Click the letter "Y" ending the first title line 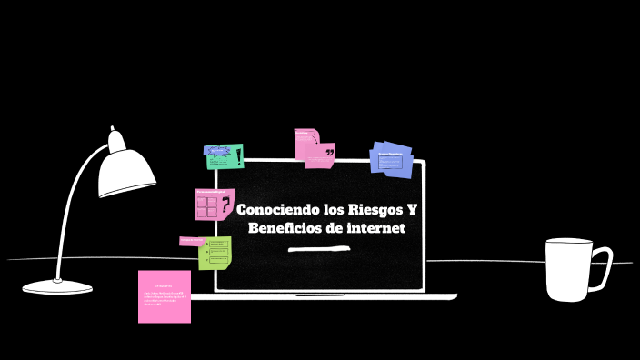(x=412, y=210)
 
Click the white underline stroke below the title (x=318, y=248)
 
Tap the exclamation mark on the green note (x=238, y=156)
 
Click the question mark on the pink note (x=225, y=205)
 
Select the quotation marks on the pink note (x=329, y=152)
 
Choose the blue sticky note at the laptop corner (x=392, y=159)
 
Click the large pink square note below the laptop (x=165, y=296)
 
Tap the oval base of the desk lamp (x=57, y=287)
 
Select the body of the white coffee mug (x=568, y=270)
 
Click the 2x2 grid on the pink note (x=206, y=206)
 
